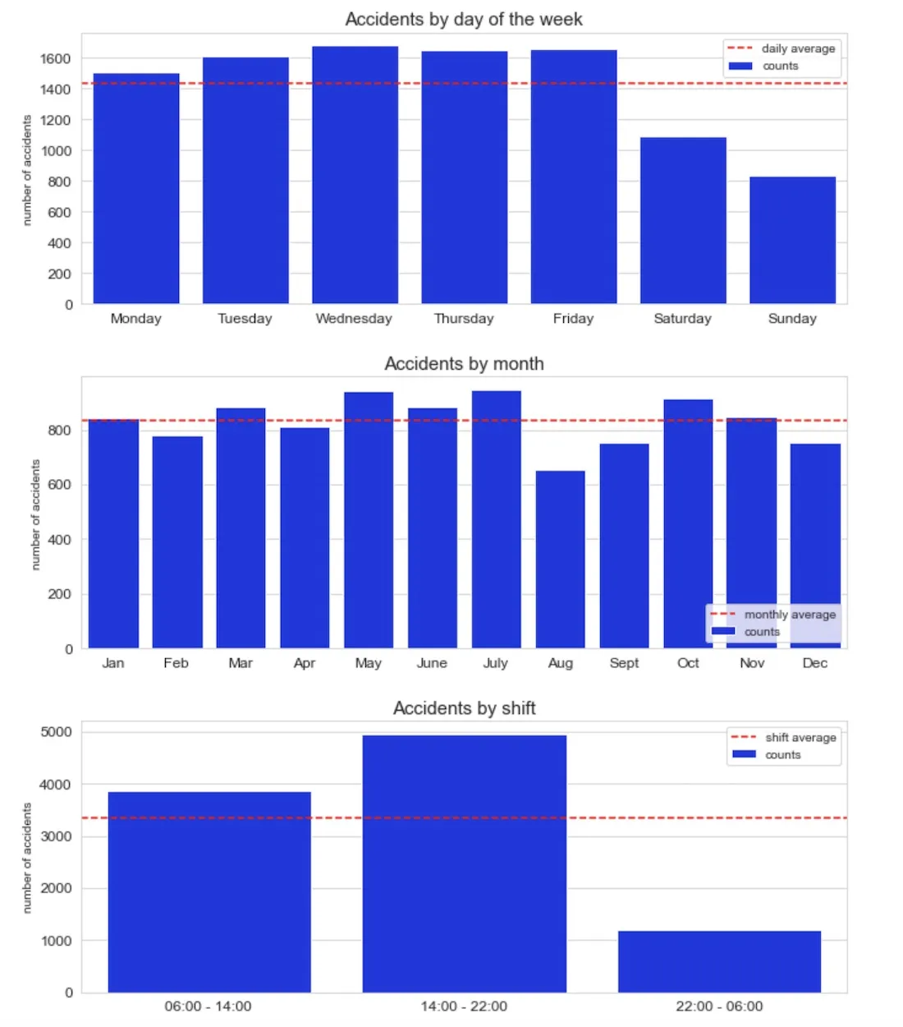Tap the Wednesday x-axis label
click(354, 319)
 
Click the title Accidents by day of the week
click(464, 19)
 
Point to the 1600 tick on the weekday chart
click(56, 58)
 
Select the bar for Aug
click(560, 560)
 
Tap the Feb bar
click(177, 542)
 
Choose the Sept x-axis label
click(624, 663)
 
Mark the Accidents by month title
click(464, 363)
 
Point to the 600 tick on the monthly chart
click(59, 485)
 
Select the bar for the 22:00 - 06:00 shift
click(719, 961)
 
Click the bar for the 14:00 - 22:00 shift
click(464, 864)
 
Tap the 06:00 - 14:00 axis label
click(208, 1006)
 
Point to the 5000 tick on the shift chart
click(56, 732)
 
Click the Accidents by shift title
click(464, 708)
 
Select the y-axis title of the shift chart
click(26, 858)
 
